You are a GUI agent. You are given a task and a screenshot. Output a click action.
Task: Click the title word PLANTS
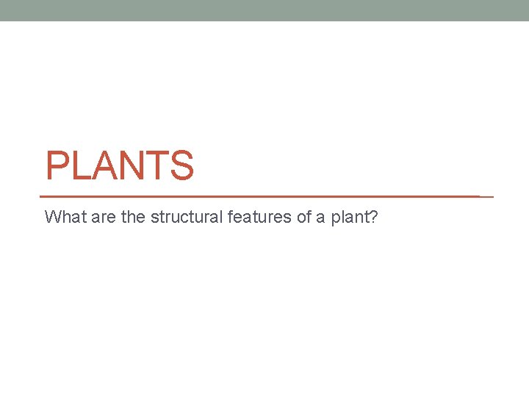click(120, 165)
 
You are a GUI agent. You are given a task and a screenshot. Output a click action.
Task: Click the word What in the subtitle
click(62, 217)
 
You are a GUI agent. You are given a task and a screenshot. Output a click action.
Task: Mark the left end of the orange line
click(40, 197)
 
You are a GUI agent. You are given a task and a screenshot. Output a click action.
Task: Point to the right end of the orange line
click(492, 197)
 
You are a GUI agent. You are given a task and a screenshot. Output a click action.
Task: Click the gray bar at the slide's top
click(264, 10)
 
